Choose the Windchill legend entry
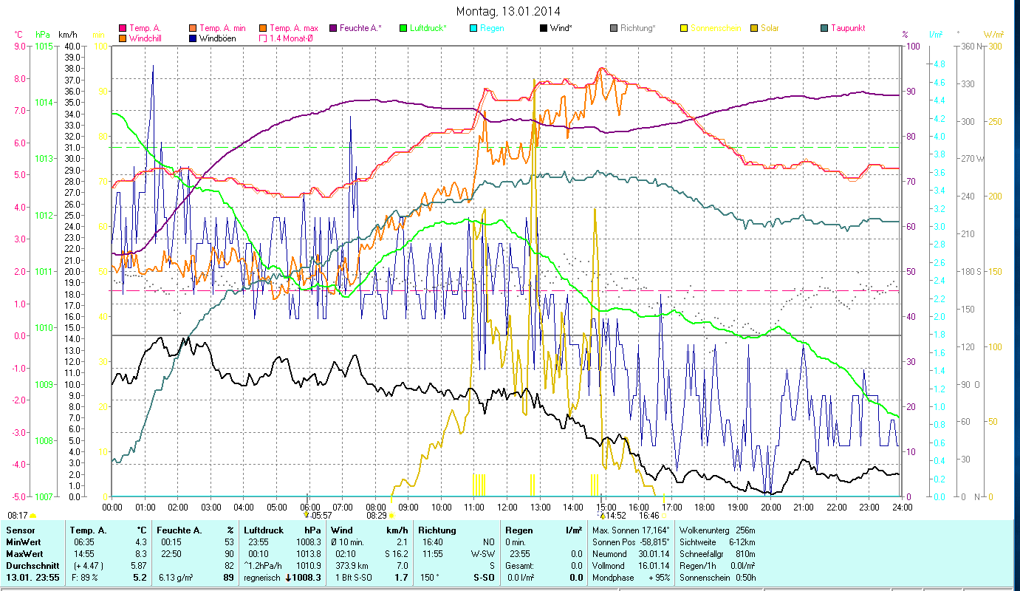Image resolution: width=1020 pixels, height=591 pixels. [x=146, y=38]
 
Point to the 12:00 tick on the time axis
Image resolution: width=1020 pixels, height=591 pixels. [x=507, y=507]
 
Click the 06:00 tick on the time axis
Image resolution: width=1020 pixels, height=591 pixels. [x=309, y=507]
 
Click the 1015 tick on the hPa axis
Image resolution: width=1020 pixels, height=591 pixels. [x=44, y=47]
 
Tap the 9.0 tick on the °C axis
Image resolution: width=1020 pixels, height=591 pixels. [x=20, y=47]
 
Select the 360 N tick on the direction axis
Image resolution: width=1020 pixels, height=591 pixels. [x=971, y=47]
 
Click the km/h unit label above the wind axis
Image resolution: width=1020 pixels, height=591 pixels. [x=67, y=34]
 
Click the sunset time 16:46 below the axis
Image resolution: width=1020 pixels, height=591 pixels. [x=648, y=516]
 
